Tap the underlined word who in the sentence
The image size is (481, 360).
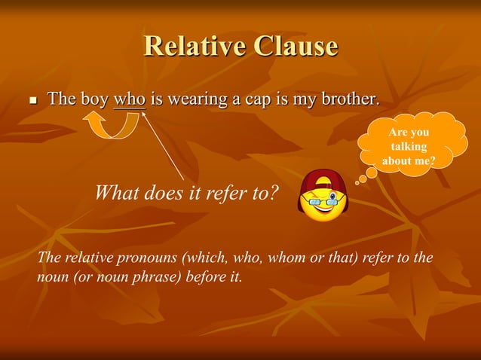click(x=129, y=99)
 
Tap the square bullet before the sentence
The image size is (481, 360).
click(x=32, y=100)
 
